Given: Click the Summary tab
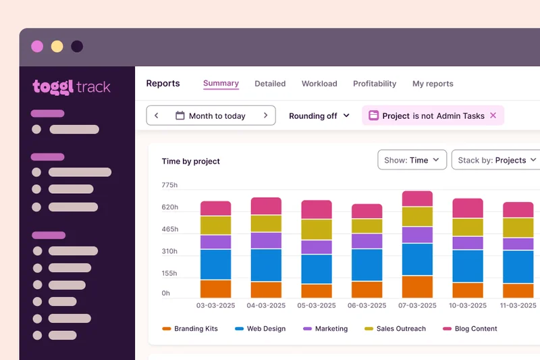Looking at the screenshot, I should (221, 84).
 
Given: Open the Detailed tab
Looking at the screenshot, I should (270, 84).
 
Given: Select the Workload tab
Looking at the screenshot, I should (319, 84).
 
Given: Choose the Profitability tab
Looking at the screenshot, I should (375, 84).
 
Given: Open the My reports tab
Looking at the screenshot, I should (433, 84).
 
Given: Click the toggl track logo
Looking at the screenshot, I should (72, 87).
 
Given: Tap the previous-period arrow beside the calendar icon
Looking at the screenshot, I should (157, 115).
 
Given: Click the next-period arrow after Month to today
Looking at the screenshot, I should (265, 115).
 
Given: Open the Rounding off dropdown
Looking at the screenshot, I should (319, 115).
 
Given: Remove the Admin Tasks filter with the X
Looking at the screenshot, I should (493, 115).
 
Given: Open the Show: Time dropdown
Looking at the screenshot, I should (412, 160).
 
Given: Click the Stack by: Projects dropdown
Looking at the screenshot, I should (497, 160).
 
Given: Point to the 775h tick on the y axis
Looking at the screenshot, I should (169, 185).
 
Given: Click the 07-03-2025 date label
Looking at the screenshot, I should (417, 305).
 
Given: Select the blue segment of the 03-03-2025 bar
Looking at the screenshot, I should (215, 264).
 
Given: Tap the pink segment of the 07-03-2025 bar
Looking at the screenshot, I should (417, 199).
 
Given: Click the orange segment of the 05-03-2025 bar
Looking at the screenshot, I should (317, 291).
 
